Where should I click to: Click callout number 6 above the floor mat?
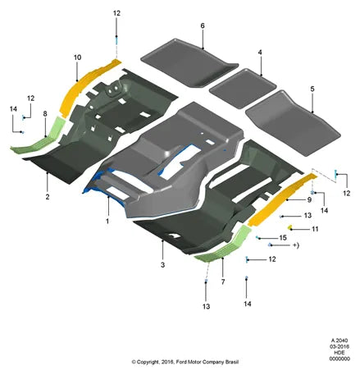(x=203, y=25)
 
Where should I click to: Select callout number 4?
(x=260, y=53)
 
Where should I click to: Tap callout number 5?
(x=312, y=89)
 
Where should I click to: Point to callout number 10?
(x=77, y=57)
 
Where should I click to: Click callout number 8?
(x=45, y=113)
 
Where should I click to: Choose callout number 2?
(x=48, y=197)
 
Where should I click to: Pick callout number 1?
(x=107, y=221)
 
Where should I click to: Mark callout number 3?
(x=162, y=265)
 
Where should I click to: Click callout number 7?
(x=223, y=281)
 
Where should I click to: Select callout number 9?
(x=309, y=200)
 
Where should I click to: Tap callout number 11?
(x=315, y=229)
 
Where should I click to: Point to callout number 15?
(x=283, y=238)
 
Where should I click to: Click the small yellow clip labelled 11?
(x=290, y=226)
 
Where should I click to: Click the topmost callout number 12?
(x=116, y=13)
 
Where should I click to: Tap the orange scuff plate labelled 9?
(x=281, y=199)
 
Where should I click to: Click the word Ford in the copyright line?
(x=181, y=362)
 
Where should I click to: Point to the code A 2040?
(x=339, y=341)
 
